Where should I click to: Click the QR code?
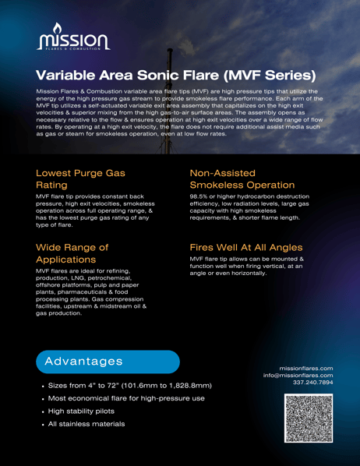[309, 419]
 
